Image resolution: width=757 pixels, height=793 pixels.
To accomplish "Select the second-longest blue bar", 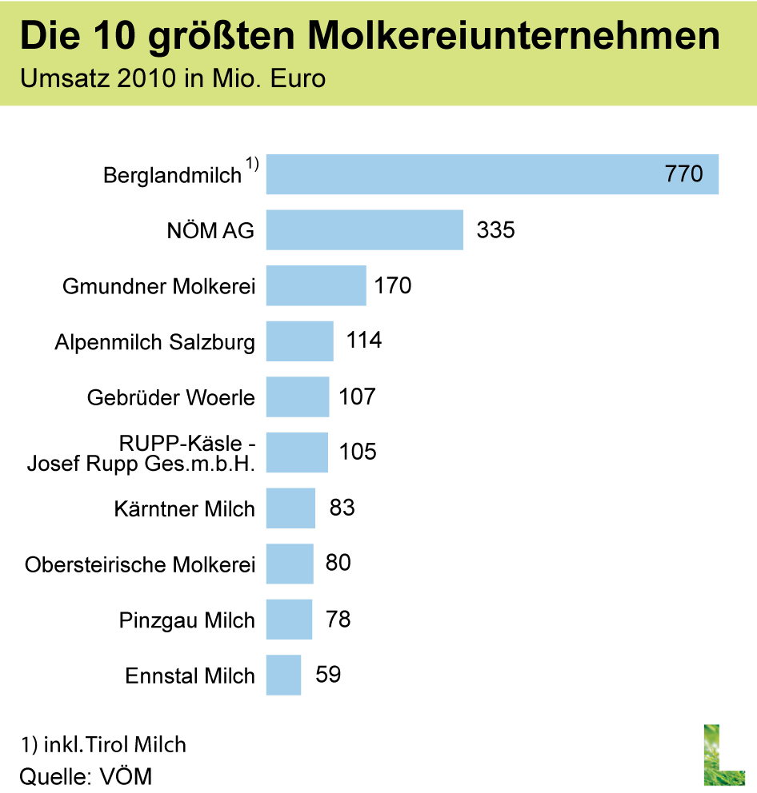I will (364, 230).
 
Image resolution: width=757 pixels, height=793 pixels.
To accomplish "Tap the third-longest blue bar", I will (316, 285).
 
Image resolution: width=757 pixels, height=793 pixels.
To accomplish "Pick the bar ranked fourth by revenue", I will (299, 341).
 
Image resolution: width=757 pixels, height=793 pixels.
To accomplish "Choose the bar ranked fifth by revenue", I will (298, 396).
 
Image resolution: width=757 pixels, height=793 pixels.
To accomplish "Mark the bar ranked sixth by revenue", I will (297, 452).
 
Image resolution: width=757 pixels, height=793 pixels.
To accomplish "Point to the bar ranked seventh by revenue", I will (290, 508).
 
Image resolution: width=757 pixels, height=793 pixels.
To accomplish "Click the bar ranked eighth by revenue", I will (290, 564).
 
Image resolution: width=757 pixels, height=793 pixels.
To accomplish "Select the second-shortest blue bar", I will (289, 619).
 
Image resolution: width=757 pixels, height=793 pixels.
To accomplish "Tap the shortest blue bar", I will (283, 675).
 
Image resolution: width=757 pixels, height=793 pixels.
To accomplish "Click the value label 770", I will (683, 174).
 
